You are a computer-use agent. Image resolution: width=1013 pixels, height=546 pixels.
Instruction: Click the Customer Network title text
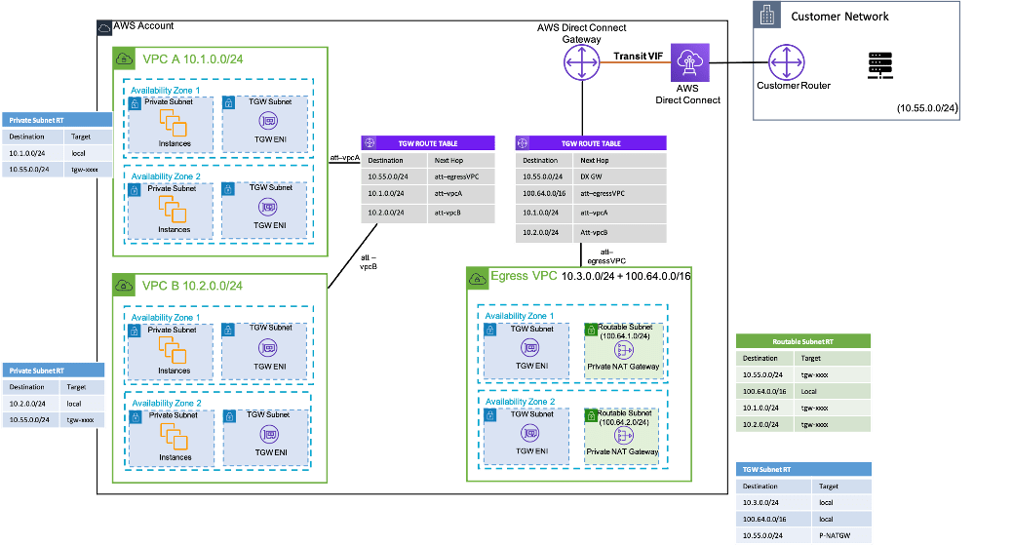tap(839, 16)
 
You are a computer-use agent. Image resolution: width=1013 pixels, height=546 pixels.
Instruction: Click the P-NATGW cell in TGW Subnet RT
tap(830, 536)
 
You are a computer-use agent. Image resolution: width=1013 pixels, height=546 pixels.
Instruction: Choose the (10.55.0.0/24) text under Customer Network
tap(927, 108)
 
